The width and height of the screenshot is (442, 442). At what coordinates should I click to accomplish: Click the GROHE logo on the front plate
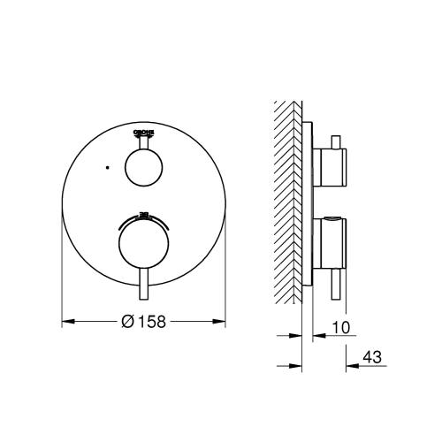tap(144, 133)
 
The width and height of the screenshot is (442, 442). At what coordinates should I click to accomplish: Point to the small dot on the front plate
tap(104, 165)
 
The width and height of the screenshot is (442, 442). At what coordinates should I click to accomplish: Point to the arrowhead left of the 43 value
tap(348, 363)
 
